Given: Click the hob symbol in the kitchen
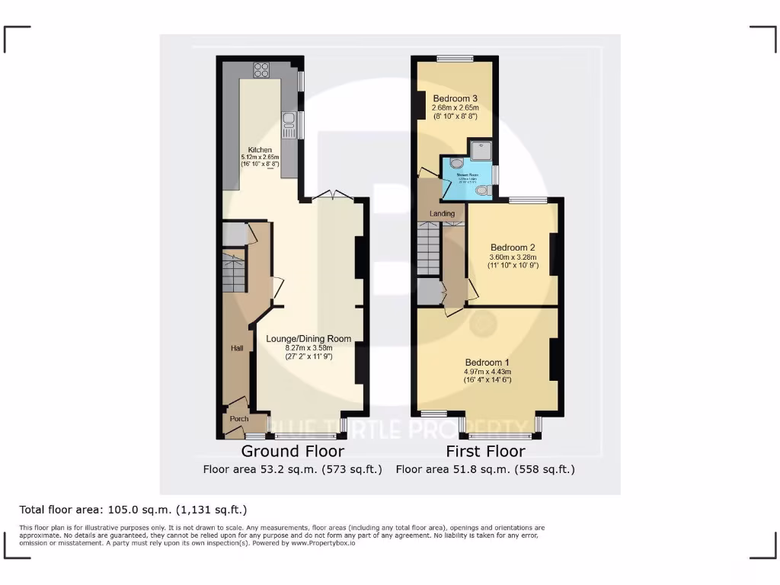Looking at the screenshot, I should point(261,69).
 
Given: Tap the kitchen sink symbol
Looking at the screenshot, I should point(289,120).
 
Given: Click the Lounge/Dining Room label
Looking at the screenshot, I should point(308,339).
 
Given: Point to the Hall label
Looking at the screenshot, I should point(237,348).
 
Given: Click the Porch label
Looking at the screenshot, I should point(239,419).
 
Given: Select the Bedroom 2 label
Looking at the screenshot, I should point(513,248).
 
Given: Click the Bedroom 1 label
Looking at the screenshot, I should point(487,363).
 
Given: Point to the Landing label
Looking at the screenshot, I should point(442,213).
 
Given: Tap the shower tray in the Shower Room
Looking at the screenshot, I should point(481,151).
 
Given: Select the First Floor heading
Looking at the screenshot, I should point(485,452).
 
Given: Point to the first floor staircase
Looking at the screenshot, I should point(429,248).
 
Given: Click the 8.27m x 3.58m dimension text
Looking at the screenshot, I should point(308,347).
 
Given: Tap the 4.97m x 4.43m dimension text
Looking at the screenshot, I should point(487,372).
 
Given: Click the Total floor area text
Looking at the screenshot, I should point(133,510).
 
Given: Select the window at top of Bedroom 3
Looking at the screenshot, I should point(455,58).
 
